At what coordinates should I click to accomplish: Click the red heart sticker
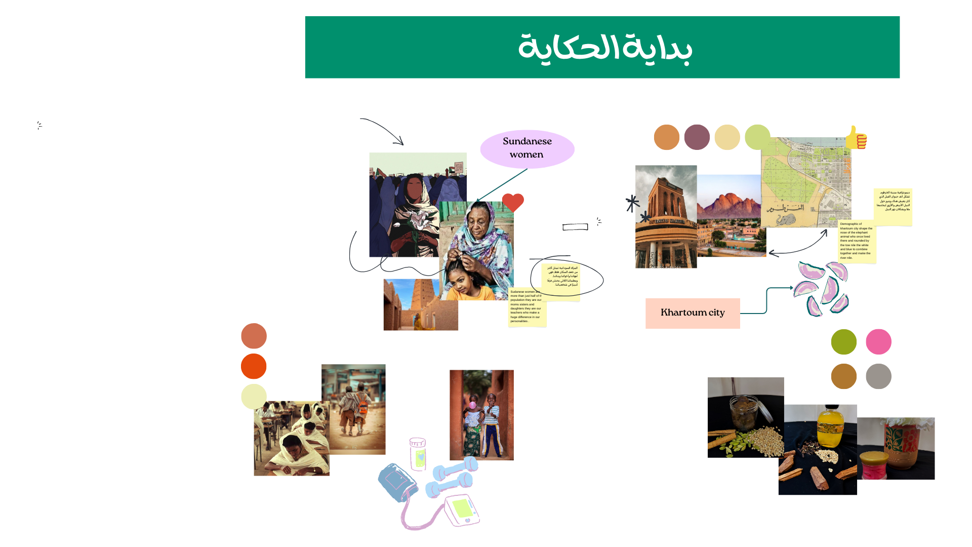[x=513, y=203]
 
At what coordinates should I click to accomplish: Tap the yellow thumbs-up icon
[x=856, y=138]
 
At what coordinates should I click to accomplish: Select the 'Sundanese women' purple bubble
[x=527, y=148]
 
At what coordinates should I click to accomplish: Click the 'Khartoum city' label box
[x=692, y=313]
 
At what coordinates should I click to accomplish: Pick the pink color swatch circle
[x=878, y=342]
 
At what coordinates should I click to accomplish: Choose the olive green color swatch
[x=843, y=342]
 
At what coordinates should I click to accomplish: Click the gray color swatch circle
[x=878, y=376]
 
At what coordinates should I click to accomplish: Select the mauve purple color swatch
[x=697, y=137]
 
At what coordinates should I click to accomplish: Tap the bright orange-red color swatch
[x=254, y=366]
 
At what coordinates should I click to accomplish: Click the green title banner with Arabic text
[x=602, y=47]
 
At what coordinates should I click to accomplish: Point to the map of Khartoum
[x=805, y=182]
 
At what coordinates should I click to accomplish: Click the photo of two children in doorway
[x=481, y=415]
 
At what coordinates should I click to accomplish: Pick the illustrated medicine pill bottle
[x=418, y=454]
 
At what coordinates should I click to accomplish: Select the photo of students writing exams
[x=291, y=439]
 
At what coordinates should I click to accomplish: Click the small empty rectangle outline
[x=575, y=227]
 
